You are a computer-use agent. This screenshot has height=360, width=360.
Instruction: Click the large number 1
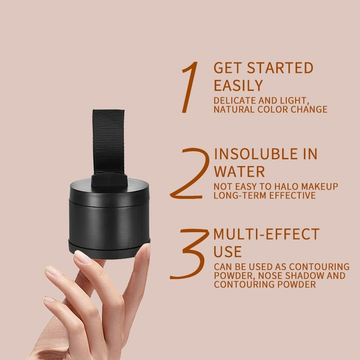pos(190,88)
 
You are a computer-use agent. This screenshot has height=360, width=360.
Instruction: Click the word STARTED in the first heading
pos(279,68)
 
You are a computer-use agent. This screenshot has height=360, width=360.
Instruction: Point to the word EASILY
pos(238,85)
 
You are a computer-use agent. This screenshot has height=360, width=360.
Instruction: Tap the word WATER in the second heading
pos(239,171)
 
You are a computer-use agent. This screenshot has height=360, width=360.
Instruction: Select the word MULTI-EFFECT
pos(266,234)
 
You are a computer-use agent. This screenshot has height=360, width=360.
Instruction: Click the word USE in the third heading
pos(228,251)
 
